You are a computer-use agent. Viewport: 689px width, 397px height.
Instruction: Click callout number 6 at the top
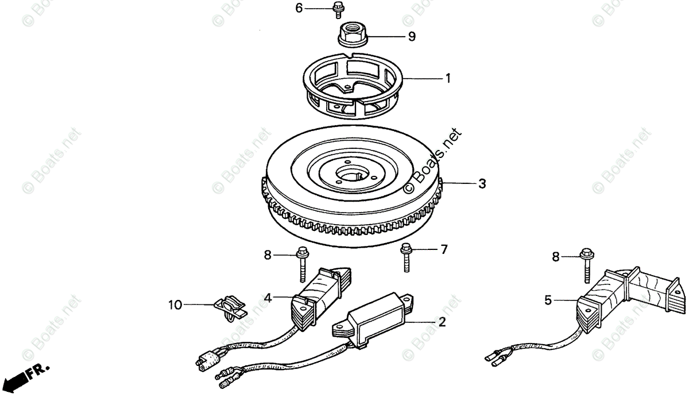pyautogui.click(x=299, y=8)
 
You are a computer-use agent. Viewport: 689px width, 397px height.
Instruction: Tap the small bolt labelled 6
pyautogui.click(x=338, y=9)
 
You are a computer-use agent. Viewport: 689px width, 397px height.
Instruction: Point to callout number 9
pyautogui.click(x=411, y=37)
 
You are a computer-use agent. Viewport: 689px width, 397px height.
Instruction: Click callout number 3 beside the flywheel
pyautogui.click(x=482, y=184)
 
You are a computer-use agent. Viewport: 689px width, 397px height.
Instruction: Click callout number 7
pyautogui.click(x=443, y=250)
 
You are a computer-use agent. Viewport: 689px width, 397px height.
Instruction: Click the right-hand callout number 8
pyautogui.click(x=555, y=257)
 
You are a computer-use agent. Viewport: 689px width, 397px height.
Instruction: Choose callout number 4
pyautogui.click(x=268, y=297)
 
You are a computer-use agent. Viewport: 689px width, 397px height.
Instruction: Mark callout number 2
pyautogui.click(x=442, y=322)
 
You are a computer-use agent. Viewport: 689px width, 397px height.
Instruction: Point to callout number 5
pyautogui.click(x=548, y=299)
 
